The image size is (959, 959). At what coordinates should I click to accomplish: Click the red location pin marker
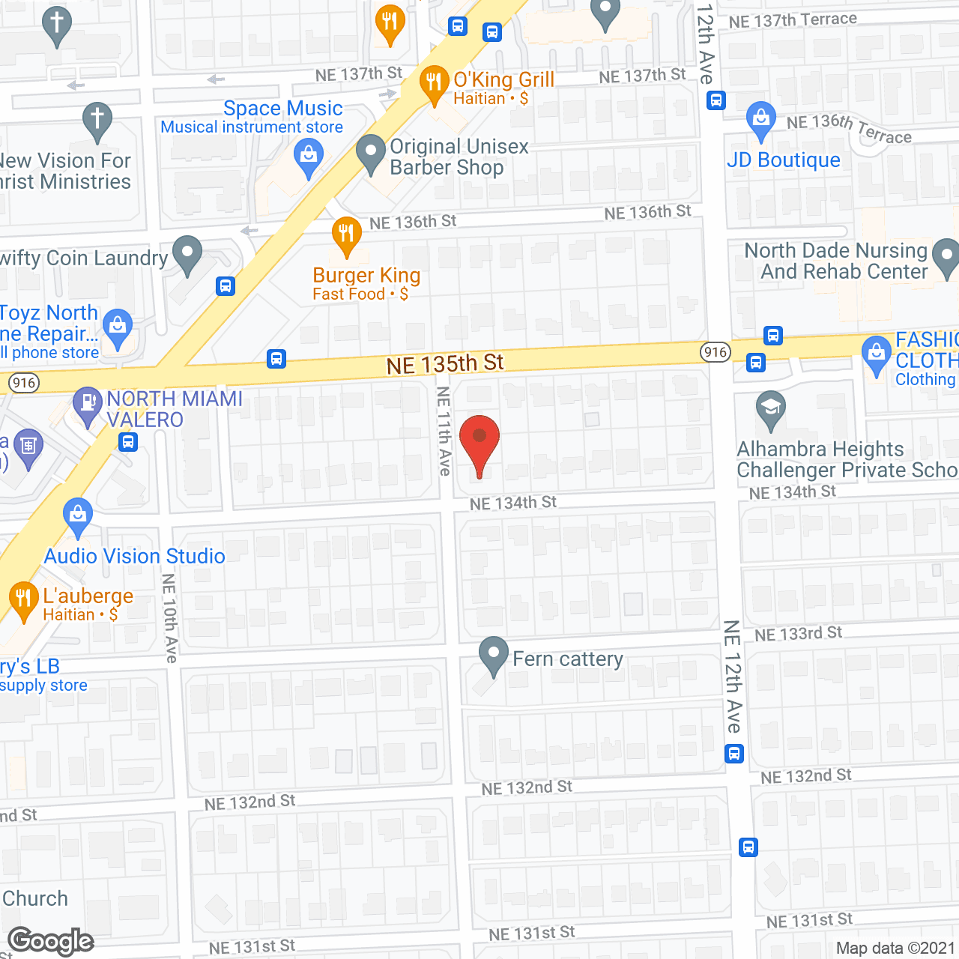[x=479, y=442]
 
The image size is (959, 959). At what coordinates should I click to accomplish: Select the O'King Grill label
[x=503, y=79]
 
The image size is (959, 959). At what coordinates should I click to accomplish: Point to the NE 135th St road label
[x=445, y=364]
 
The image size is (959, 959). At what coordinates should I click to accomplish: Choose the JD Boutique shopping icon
[x=761, y=119]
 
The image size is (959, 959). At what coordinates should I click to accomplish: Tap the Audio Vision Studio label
[x=135, y=556]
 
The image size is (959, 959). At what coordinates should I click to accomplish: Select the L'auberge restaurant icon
[x=23, y=599]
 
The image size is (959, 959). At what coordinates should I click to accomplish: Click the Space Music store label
[x=282, y=109]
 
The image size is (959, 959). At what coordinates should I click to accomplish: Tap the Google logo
[x=51, y=941]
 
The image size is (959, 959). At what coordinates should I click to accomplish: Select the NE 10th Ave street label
[x=170, y=618]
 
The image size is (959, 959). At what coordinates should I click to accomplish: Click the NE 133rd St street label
[x=798, y=634]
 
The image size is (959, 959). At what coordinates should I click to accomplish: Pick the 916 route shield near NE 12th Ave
[x=716, y=352]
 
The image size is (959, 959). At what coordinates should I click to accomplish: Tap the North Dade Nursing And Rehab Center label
[x=835, y=261]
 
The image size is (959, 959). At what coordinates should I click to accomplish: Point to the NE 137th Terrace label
[x=793, y=20]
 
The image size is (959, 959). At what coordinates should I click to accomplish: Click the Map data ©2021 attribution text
[x=895, y=948]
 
